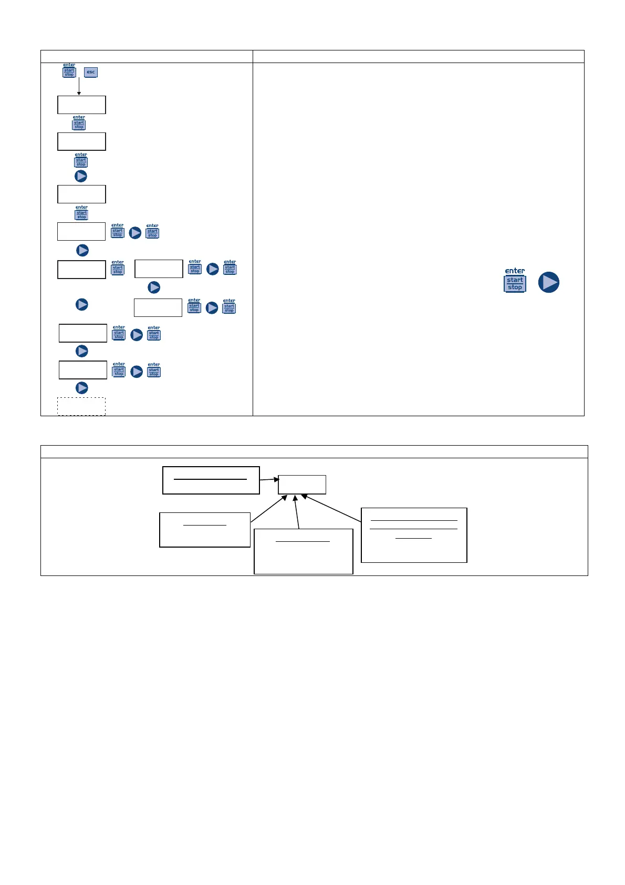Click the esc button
[x=91, y=73]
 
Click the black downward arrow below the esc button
[x=79, y=86]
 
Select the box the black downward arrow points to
[x=81, y=105]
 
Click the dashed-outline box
[x=81, y=406]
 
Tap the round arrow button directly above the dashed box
[x=82, y=388]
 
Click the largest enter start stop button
[x=515, y=281]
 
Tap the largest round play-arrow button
[x=549, y=282]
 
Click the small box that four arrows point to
[x=302, y=485]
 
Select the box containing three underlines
[x=414, y=535]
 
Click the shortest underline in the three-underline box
[x=413, y=538]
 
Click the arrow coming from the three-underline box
[x=331, y=508]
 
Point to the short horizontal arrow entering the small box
[x=269, y=479]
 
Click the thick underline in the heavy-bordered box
[x=210, y=479]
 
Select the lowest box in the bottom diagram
[x=303, y=551]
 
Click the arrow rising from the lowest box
[x=297, y=512]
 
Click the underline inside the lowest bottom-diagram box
[x=303, y=541]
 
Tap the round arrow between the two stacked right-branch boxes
[x=154, y=287]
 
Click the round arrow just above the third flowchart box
[x=80, y=176]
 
